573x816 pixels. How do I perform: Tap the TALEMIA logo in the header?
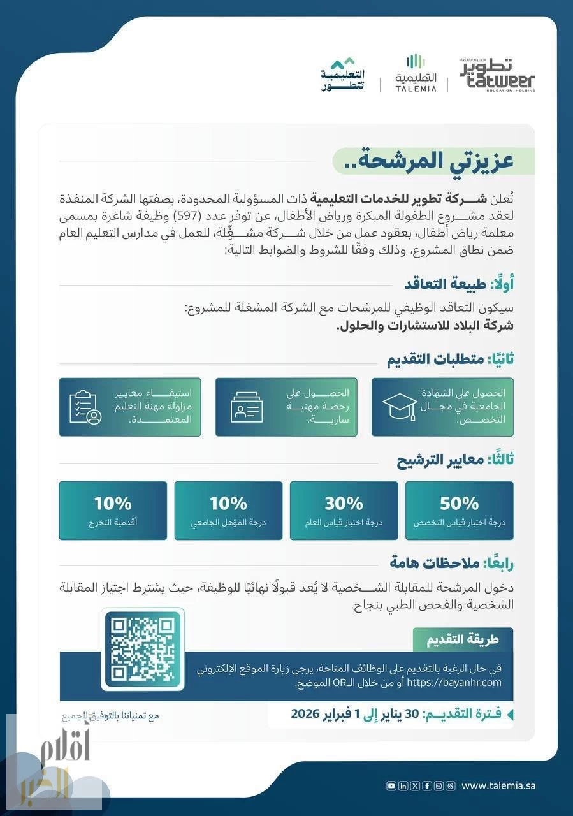point(416,74)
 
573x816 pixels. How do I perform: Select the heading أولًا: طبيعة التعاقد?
point(459,284)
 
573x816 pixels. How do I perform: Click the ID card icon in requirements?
point(247,405)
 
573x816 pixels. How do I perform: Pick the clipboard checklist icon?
point(86,407)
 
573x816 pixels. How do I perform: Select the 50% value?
point(459,504)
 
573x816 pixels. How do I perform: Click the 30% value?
point(344,504)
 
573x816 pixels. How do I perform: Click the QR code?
point(143,649)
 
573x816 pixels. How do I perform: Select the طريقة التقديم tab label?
point(463,639)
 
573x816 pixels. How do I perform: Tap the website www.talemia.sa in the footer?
point(498,786)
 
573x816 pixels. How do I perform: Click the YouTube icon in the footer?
point(391,786)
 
